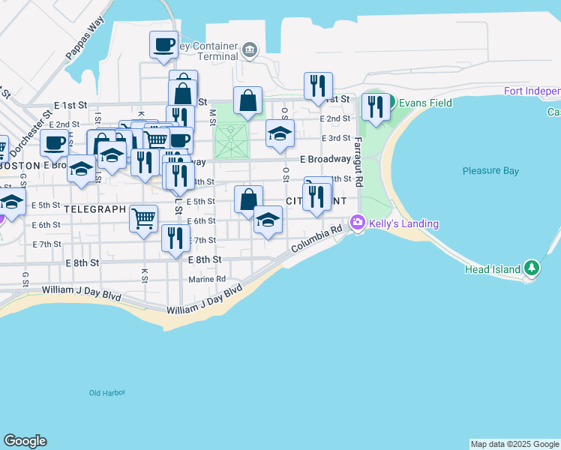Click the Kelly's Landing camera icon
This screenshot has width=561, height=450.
pos(358,222)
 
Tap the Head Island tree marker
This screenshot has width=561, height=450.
pos(532,268)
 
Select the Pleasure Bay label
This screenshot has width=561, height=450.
pos(490,171)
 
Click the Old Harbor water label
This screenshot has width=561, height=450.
pos(107,393)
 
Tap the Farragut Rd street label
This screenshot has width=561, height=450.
pos(358,161)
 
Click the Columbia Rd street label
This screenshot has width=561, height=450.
pos(317,239)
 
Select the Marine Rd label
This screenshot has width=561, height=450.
pos(207,279)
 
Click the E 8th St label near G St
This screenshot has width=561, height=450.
pos(82,262)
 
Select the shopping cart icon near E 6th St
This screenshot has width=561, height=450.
pos(144,217)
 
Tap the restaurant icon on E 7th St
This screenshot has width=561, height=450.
pos(175,238)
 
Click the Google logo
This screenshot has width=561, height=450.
pos(25,441)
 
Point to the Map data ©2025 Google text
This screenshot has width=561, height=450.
pos(514,444)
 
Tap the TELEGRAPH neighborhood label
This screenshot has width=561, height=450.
pos(94,208)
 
